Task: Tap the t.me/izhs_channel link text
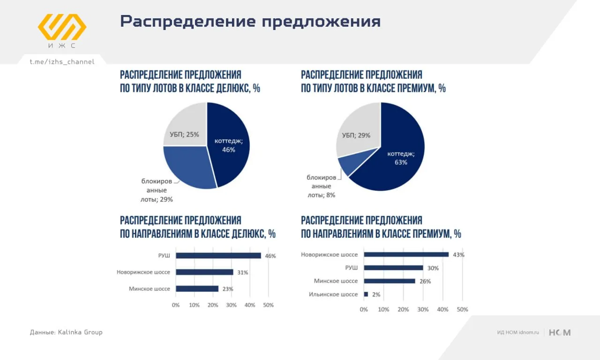click(62, 62)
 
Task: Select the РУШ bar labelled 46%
click(218, 255)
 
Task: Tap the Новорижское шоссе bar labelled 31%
click(204, 272)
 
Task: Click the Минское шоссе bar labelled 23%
click(197, 289)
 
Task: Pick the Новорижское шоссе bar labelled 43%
click(406, 255)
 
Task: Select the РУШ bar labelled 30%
click(393, 268)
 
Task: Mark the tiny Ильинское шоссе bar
click(366, 294)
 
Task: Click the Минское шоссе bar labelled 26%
click(390, 281)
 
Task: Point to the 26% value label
click(425, 281)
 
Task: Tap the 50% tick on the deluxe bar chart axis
click(268, 305)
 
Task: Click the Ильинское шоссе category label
click(333, 294)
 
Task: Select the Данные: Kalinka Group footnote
click(66, 332)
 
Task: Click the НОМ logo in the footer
click(560, 333)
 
